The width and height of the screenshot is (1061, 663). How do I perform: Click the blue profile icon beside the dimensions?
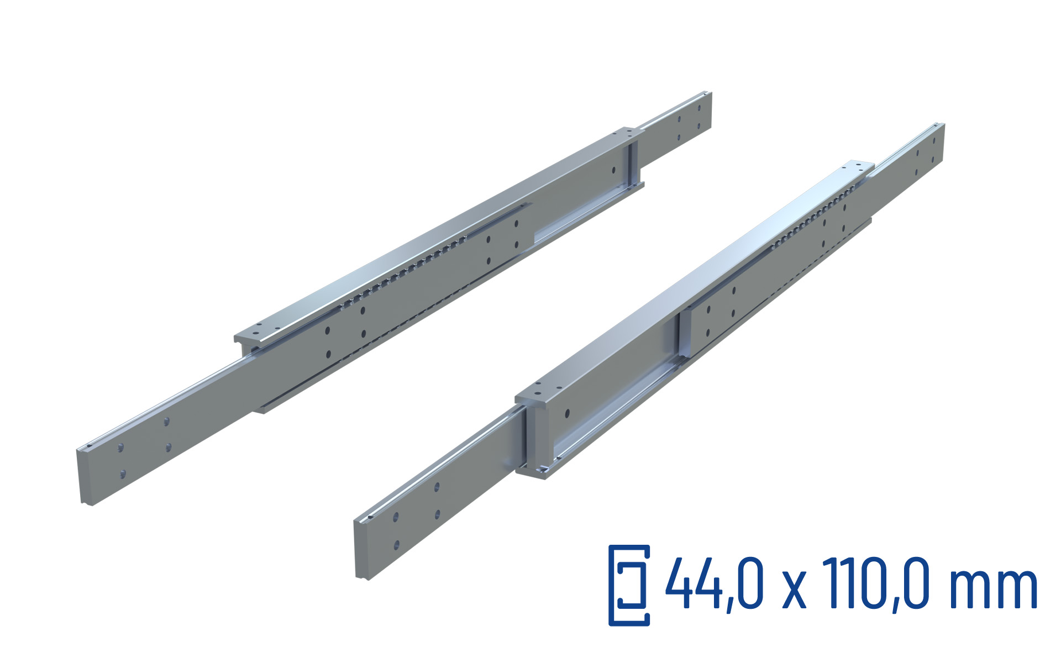(629, 585)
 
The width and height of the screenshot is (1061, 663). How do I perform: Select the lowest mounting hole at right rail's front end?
(396, 546)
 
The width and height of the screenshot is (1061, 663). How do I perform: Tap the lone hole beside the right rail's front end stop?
(567, 413)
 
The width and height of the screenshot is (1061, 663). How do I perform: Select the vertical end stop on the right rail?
(684, 337)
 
